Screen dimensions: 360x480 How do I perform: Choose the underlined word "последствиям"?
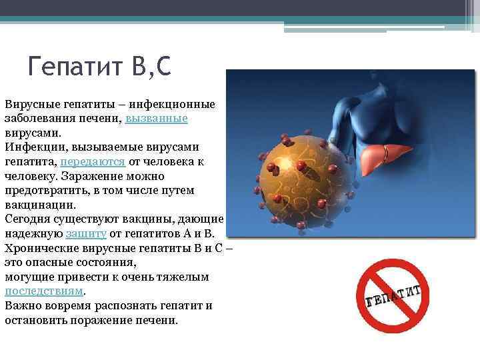tap(45, 291)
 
